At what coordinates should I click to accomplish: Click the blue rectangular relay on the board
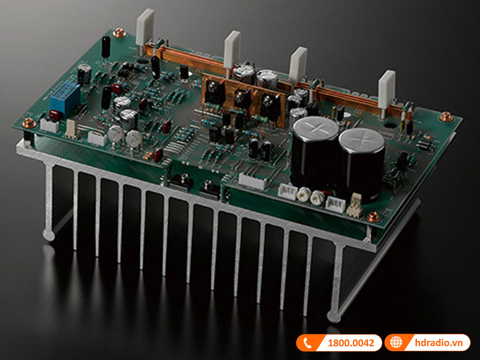pos(65,97)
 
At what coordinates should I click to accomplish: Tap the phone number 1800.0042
pos(351,343)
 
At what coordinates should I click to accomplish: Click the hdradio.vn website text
pos(439,343)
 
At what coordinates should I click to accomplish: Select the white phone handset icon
pos(308,343)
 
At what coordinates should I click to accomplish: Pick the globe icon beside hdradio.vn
pos(396,343)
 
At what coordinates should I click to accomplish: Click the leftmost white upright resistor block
pos(145,26)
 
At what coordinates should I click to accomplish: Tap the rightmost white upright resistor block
pos(386,89)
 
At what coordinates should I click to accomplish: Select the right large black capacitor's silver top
pos(362,141)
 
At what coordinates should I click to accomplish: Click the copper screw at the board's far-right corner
pos(446,116)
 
